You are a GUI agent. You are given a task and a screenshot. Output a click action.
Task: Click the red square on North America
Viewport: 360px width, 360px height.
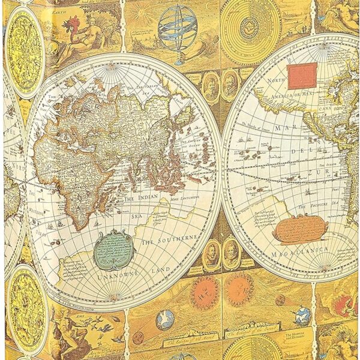(x=301, y=76)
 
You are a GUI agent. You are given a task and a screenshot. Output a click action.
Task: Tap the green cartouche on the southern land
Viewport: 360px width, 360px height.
(x=114, y=249)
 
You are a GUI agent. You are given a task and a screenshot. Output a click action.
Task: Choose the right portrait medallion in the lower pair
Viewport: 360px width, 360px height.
(x=230, y=254)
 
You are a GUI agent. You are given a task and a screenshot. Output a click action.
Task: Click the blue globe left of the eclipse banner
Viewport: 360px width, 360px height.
(x=165, y=320)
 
